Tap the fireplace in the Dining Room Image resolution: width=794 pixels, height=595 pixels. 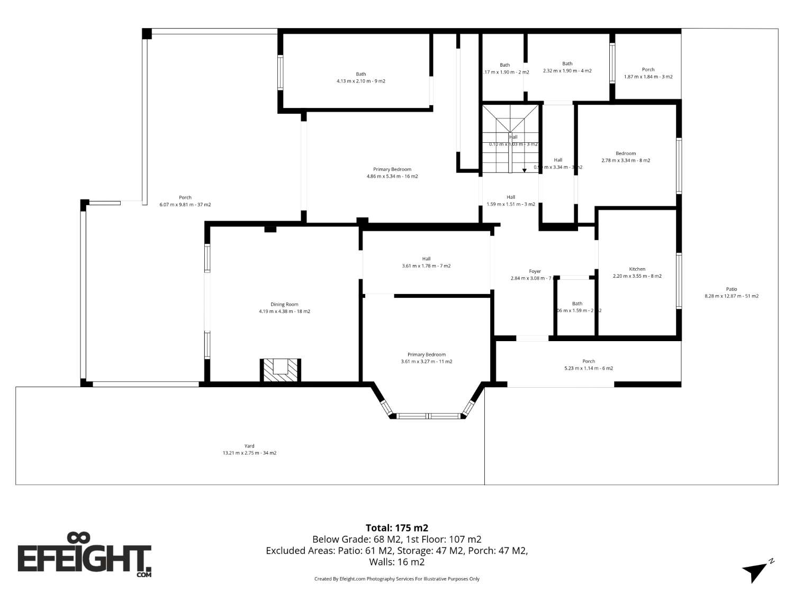pos(280,370)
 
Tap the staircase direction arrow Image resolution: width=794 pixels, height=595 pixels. pos(524,170)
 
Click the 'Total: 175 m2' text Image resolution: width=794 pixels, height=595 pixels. pos(396,528)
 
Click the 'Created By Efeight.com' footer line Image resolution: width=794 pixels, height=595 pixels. pos(396,579)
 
